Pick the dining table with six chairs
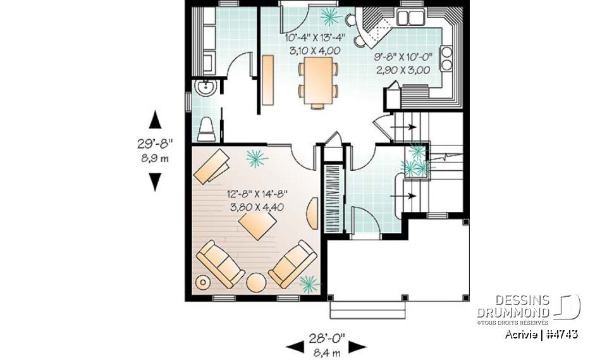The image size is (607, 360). pyautogui.click(x=318, y=80)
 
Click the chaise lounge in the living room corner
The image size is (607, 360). pyautogui.click(x=213, y=165)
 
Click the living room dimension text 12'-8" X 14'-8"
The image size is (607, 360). pyautogui.click(x=256, y=195)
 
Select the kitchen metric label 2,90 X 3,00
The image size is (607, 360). pyautogui.click(x=403, y=70)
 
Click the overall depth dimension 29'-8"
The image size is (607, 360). pyautogui.click(x=154, y=144)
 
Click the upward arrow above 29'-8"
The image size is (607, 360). pyautogui.click(x=154, y=118)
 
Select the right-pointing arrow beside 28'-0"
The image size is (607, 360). pyautogui.click(x=358, y=346)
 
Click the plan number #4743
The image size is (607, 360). pyautogui.click(x=561, y=334)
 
